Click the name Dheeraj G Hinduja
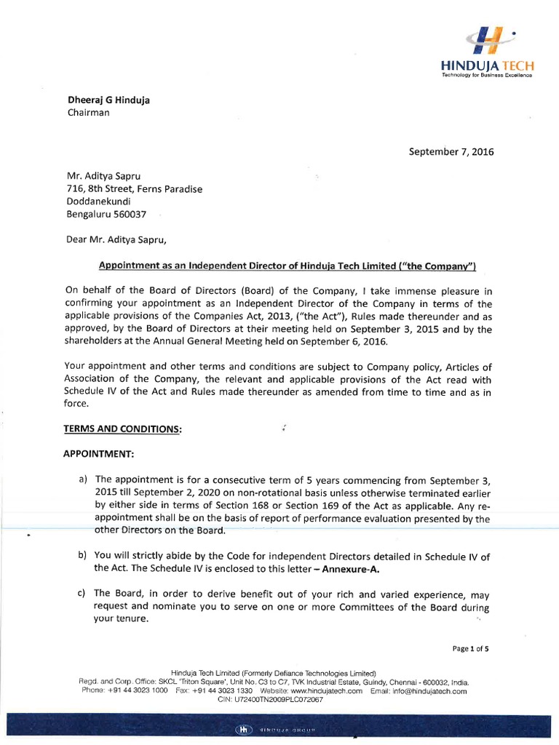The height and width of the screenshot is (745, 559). click(x=109, y=100)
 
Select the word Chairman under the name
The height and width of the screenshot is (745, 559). click(x=88, y=113)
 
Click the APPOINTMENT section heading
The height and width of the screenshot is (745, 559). click(x=99, y=454)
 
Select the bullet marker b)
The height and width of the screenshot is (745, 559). click(x=83, y=556)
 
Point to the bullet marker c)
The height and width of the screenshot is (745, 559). click(x=83, y=594)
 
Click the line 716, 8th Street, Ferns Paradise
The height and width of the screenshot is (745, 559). click(x=135, y=189)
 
